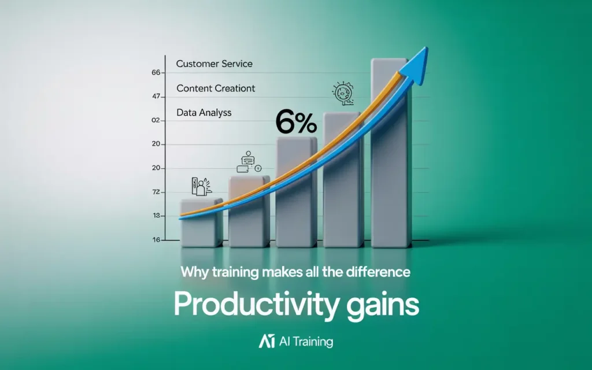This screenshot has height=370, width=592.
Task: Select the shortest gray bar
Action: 202,223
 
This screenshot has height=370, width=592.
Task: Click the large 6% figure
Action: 296,122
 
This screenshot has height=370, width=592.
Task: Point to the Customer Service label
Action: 214,64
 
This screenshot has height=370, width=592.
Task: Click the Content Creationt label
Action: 216,88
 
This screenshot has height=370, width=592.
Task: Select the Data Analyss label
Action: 204,113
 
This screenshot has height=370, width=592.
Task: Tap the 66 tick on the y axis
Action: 156,72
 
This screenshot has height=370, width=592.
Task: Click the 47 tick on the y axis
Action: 156,97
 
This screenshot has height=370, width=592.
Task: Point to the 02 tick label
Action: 156,120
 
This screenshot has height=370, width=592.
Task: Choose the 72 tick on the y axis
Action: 156,192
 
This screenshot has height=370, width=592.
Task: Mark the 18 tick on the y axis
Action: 156,216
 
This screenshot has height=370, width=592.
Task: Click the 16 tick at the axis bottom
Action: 156,240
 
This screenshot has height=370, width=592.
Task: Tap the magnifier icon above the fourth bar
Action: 343,93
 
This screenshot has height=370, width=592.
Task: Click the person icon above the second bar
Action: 249,162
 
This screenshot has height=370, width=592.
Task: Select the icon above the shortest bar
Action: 201,187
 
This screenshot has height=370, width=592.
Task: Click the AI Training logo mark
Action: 267,341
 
